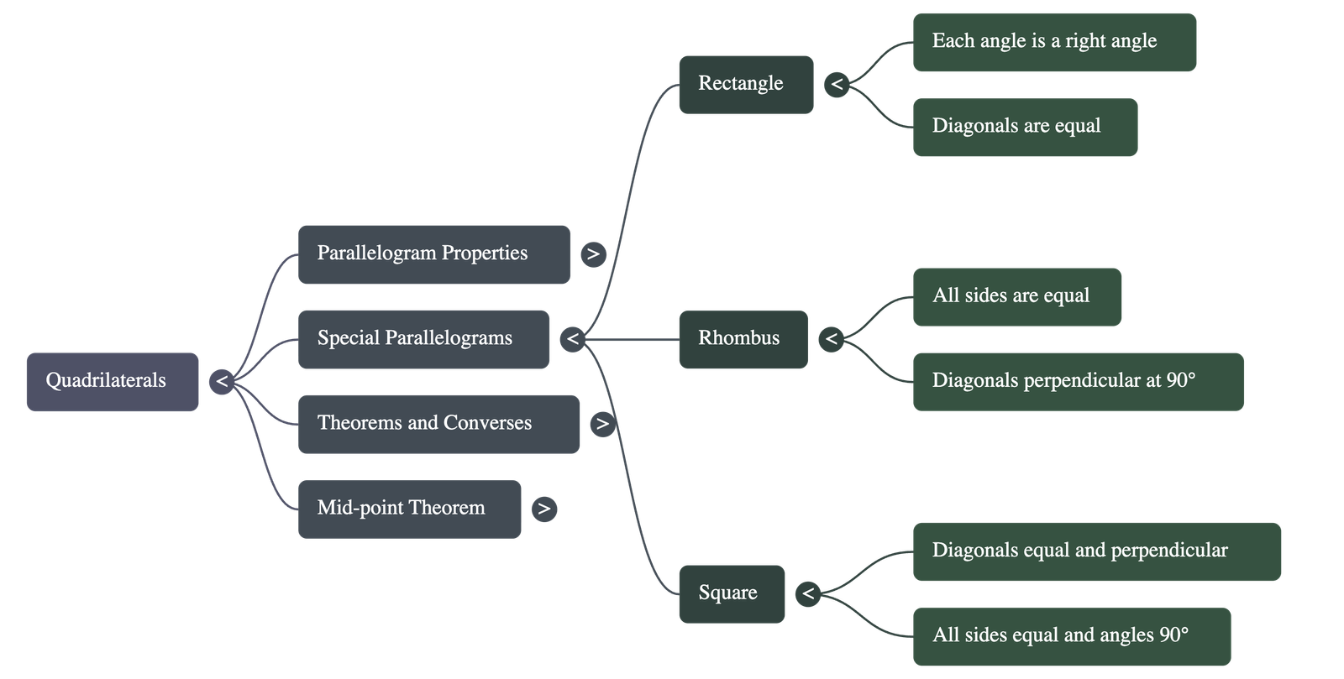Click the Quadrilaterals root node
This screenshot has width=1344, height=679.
coord(113,381)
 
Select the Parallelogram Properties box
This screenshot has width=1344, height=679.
coord(433,253)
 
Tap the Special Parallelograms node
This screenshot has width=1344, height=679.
coord(423,338)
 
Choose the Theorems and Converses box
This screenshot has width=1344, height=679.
coord(438,424)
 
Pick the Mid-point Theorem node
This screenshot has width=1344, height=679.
coord(409,509)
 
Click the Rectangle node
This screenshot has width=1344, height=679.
coord(746,84)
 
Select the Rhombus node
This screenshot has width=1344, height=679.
coord(743,339)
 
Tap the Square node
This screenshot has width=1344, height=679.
coord(732,593)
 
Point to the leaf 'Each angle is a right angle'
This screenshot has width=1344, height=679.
coord(1054,42)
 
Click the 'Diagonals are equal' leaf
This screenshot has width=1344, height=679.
coord(1025,127)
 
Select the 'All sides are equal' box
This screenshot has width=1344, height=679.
coord(1016,296)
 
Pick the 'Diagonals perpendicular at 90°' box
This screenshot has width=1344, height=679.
coord(1078,381)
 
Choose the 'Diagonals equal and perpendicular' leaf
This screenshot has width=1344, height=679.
coord(1096,551)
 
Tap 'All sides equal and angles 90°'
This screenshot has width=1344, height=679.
coord(1071,636)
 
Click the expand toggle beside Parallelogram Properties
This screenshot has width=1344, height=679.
coord(593,253)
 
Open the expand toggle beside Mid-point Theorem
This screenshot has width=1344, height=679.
coord(544,509)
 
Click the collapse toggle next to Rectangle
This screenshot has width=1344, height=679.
coord(837,84)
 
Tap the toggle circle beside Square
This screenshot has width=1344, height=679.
coord(808,593)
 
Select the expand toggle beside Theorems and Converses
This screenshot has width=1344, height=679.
coord(602,424)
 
